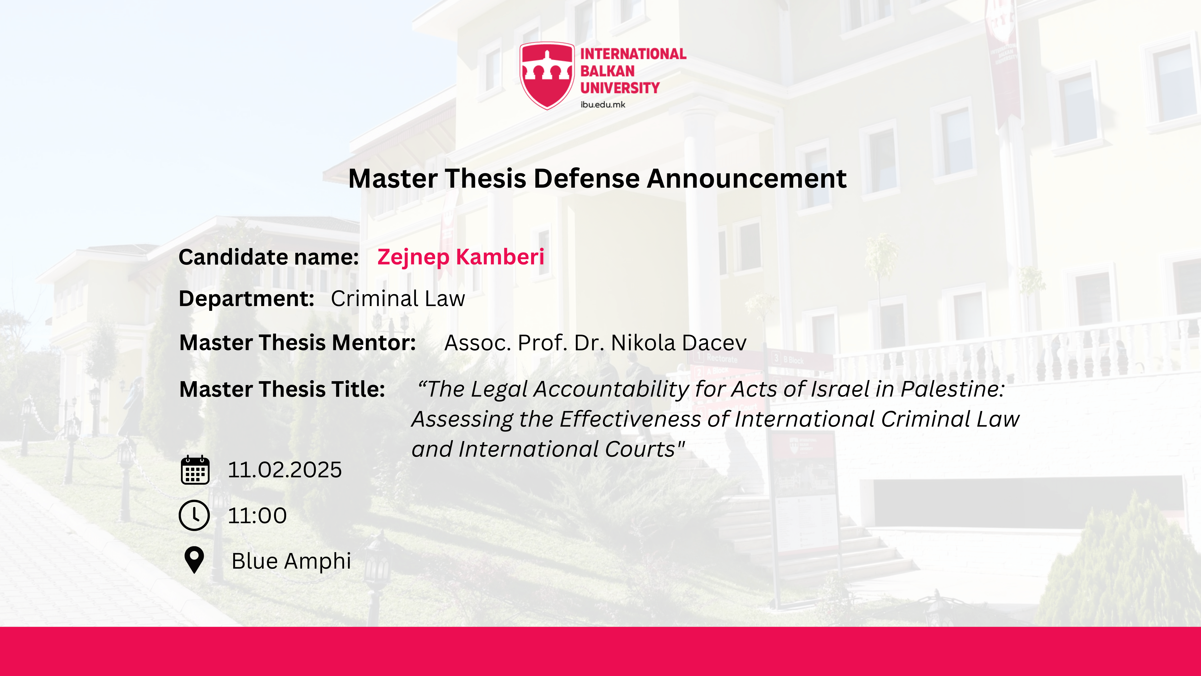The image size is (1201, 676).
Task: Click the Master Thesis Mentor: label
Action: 297,343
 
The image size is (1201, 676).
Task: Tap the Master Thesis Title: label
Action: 282,389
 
